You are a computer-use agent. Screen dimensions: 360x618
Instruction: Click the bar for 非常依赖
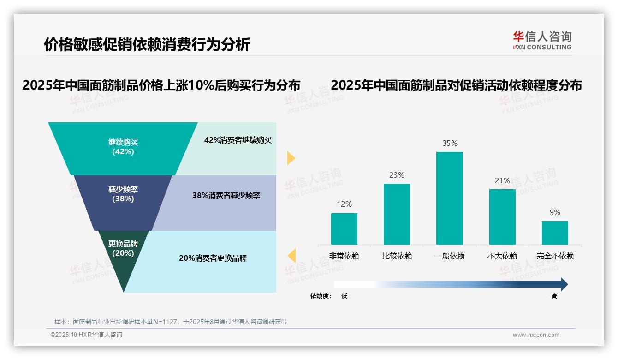coord(344,229)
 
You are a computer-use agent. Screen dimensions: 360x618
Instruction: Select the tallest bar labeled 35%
coord(450,198)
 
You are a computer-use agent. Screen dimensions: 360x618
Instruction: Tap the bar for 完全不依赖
coord(555,233)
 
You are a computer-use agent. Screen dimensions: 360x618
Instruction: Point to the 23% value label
coord(397,175)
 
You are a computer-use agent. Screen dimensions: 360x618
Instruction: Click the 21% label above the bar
coord(502,180)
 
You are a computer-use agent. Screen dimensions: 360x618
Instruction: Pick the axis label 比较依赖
coord(397,256)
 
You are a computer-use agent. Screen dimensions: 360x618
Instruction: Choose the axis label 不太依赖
coord(502,256)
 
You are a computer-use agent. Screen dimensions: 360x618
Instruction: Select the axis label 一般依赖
coord(450,256)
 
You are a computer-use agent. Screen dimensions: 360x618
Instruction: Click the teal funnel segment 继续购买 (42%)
coord(123,147)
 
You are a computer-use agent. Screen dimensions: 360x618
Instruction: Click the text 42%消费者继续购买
coord(238,140)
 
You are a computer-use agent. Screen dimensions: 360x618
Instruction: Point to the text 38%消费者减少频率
coord(226,196)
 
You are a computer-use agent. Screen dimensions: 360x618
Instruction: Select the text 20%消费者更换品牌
coord(213,258)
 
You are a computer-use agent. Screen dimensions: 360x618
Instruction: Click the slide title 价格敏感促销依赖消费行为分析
coord(147,44)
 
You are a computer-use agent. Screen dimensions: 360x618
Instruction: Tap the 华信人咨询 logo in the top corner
coord(542,40)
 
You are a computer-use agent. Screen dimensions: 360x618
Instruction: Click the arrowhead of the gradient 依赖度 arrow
coord(564,284)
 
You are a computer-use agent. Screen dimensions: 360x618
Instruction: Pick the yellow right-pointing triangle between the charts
coord(291,158)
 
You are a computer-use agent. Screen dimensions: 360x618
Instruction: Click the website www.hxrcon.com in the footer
coord(536,335)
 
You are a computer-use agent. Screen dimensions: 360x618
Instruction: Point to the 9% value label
coord(555,213)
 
